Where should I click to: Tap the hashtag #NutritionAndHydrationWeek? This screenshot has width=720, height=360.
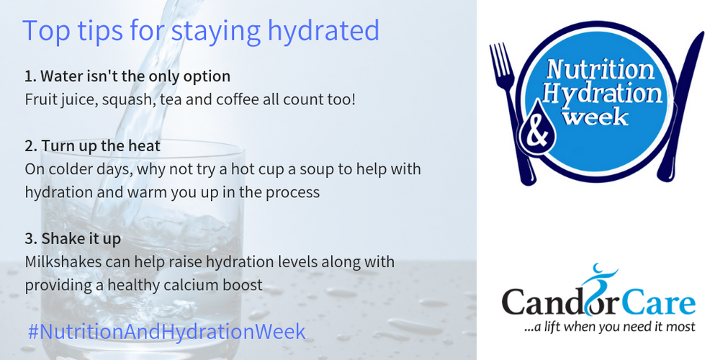pos(166,331)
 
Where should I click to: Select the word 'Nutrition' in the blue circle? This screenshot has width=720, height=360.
pos(600,71)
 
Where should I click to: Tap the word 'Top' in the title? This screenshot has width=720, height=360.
pos(44,31)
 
